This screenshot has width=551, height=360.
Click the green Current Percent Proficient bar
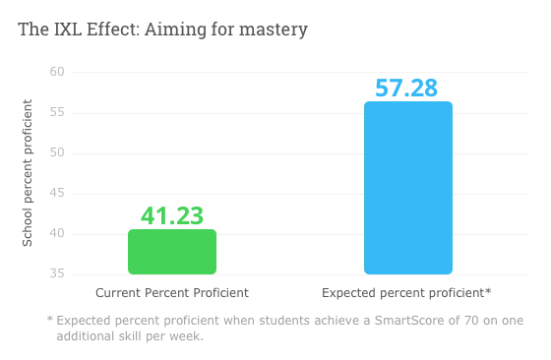coord(172,252)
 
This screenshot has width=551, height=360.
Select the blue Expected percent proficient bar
coord(407,188)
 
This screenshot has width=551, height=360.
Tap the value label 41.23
coord(172,215)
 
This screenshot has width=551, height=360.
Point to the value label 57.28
coord(407,88)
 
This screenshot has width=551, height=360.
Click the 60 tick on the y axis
coord(56,72)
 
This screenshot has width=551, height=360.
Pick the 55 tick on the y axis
coord(56,112)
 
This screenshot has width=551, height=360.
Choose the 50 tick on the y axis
coord(56,152)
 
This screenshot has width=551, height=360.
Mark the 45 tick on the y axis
coord(56,193)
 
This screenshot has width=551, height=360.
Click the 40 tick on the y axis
coord(56,233)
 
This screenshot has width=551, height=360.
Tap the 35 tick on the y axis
coord(56,273)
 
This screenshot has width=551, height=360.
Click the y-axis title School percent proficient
coord(28,173)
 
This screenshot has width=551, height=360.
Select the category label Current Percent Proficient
coord(172,293)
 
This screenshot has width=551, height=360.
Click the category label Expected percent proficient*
coord(406,293)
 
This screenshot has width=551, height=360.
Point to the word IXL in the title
coord(66,30)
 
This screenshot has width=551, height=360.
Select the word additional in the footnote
coord(89,336)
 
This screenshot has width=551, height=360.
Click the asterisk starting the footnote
coord(49,320)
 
